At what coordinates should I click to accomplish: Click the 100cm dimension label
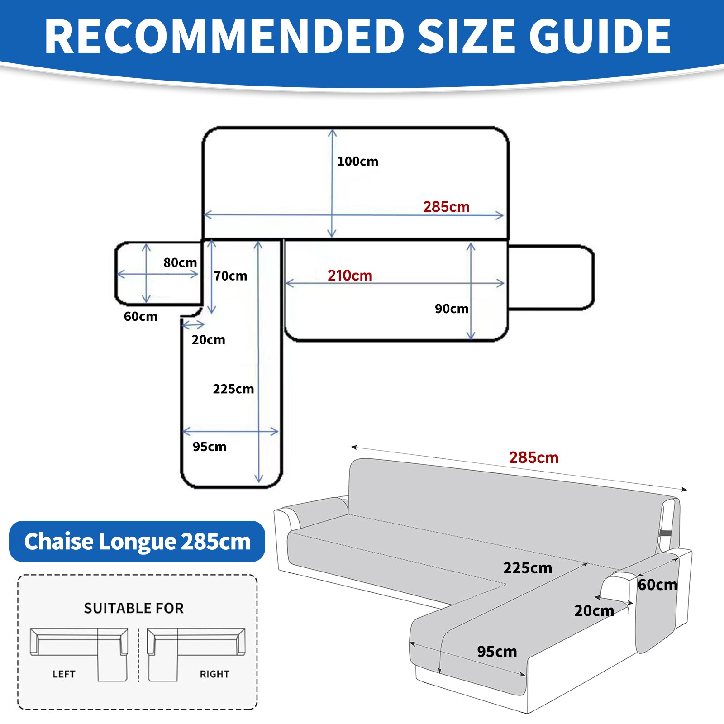coord(357,162)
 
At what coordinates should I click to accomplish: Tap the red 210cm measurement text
coord(349,276)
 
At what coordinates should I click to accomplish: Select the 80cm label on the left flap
coord(180,262)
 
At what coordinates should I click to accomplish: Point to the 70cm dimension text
coord(230,276)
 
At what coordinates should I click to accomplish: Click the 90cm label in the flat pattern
coord(451,309)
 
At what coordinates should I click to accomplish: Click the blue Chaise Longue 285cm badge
coord(137,542)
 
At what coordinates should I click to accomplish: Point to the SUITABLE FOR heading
coord(134,608)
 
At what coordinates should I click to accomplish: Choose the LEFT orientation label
coord(64,674)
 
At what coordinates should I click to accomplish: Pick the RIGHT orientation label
coord(214,674)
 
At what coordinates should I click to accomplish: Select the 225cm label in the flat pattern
coord(233,389)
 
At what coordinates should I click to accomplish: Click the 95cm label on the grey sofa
coord(497,652)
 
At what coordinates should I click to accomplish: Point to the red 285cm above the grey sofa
coord(533,457)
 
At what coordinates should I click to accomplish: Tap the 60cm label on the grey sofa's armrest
coord(657,585)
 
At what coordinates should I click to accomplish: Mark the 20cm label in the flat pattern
coord(208,340)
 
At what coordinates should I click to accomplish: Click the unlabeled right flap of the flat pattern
coord(550,277)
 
